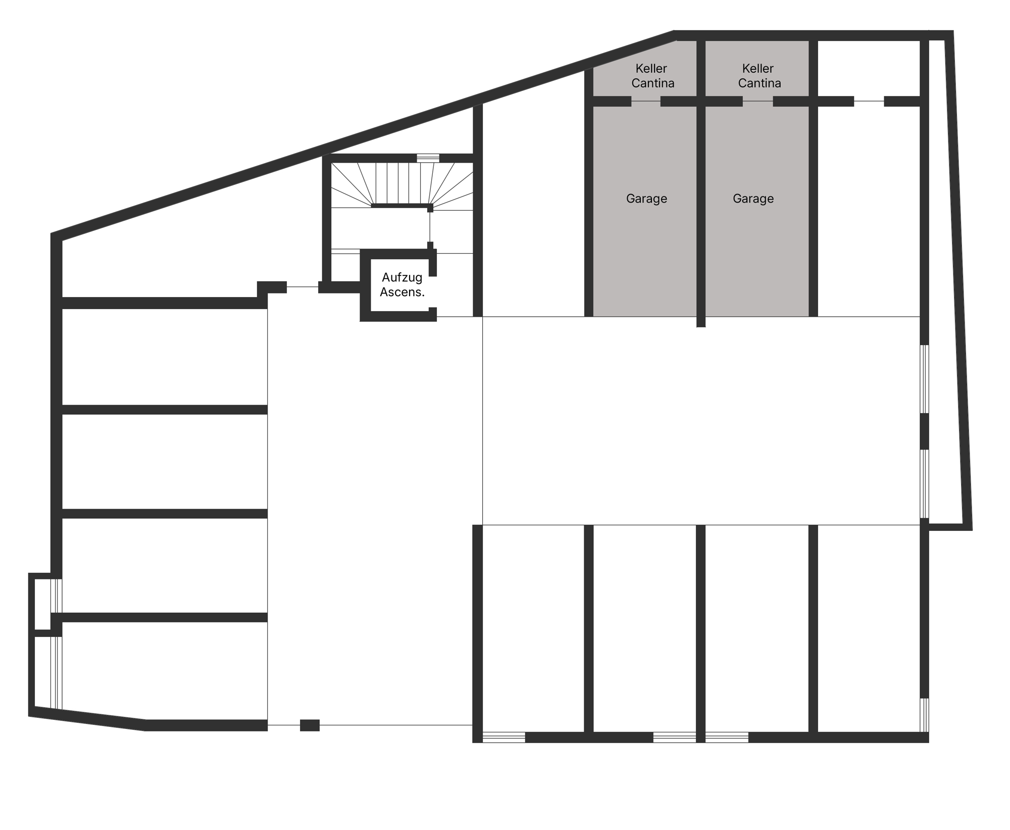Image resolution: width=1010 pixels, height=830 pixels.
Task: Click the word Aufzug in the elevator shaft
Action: click(x=402, y=277)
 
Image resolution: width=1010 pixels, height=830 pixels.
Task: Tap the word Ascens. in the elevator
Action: click(x=402, y=292)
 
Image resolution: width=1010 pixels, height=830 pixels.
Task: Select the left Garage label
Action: click(x=646, y=199)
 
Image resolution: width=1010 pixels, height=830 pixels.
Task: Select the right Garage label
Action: click(x=753, y=199)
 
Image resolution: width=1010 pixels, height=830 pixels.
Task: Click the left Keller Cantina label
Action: click(x=652, y=76)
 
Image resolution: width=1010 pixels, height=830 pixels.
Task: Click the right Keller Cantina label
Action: click(x=759, y=76)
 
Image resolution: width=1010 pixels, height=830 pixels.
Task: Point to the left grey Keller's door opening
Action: click(x=646, y=101)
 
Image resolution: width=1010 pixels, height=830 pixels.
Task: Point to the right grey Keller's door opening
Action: click(x=757, y=101)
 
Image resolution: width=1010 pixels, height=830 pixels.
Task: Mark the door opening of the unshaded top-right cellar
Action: click(x=869, y=101)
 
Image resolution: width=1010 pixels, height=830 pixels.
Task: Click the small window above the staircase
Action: click(x=428, y=158)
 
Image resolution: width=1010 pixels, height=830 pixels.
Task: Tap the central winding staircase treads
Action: click(x=402, y=184)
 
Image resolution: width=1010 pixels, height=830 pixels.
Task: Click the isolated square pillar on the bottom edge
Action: click(x=310, y=725)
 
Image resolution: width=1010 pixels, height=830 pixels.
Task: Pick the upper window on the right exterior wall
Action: click(x=924, y=379)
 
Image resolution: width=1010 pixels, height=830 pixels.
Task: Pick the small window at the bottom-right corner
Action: click(x=924, y=714)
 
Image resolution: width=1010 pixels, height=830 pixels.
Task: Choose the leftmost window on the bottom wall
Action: click(x=503, y=737)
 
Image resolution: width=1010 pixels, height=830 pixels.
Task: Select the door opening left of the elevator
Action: click(x=302, y=287)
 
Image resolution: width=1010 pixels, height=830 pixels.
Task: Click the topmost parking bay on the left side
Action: click(x=165, y=357)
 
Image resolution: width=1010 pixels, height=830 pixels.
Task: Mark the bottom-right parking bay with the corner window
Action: click(x=869, y=628)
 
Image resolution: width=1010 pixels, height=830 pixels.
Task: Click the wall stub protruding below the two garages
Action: click(x=701, y=322)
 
